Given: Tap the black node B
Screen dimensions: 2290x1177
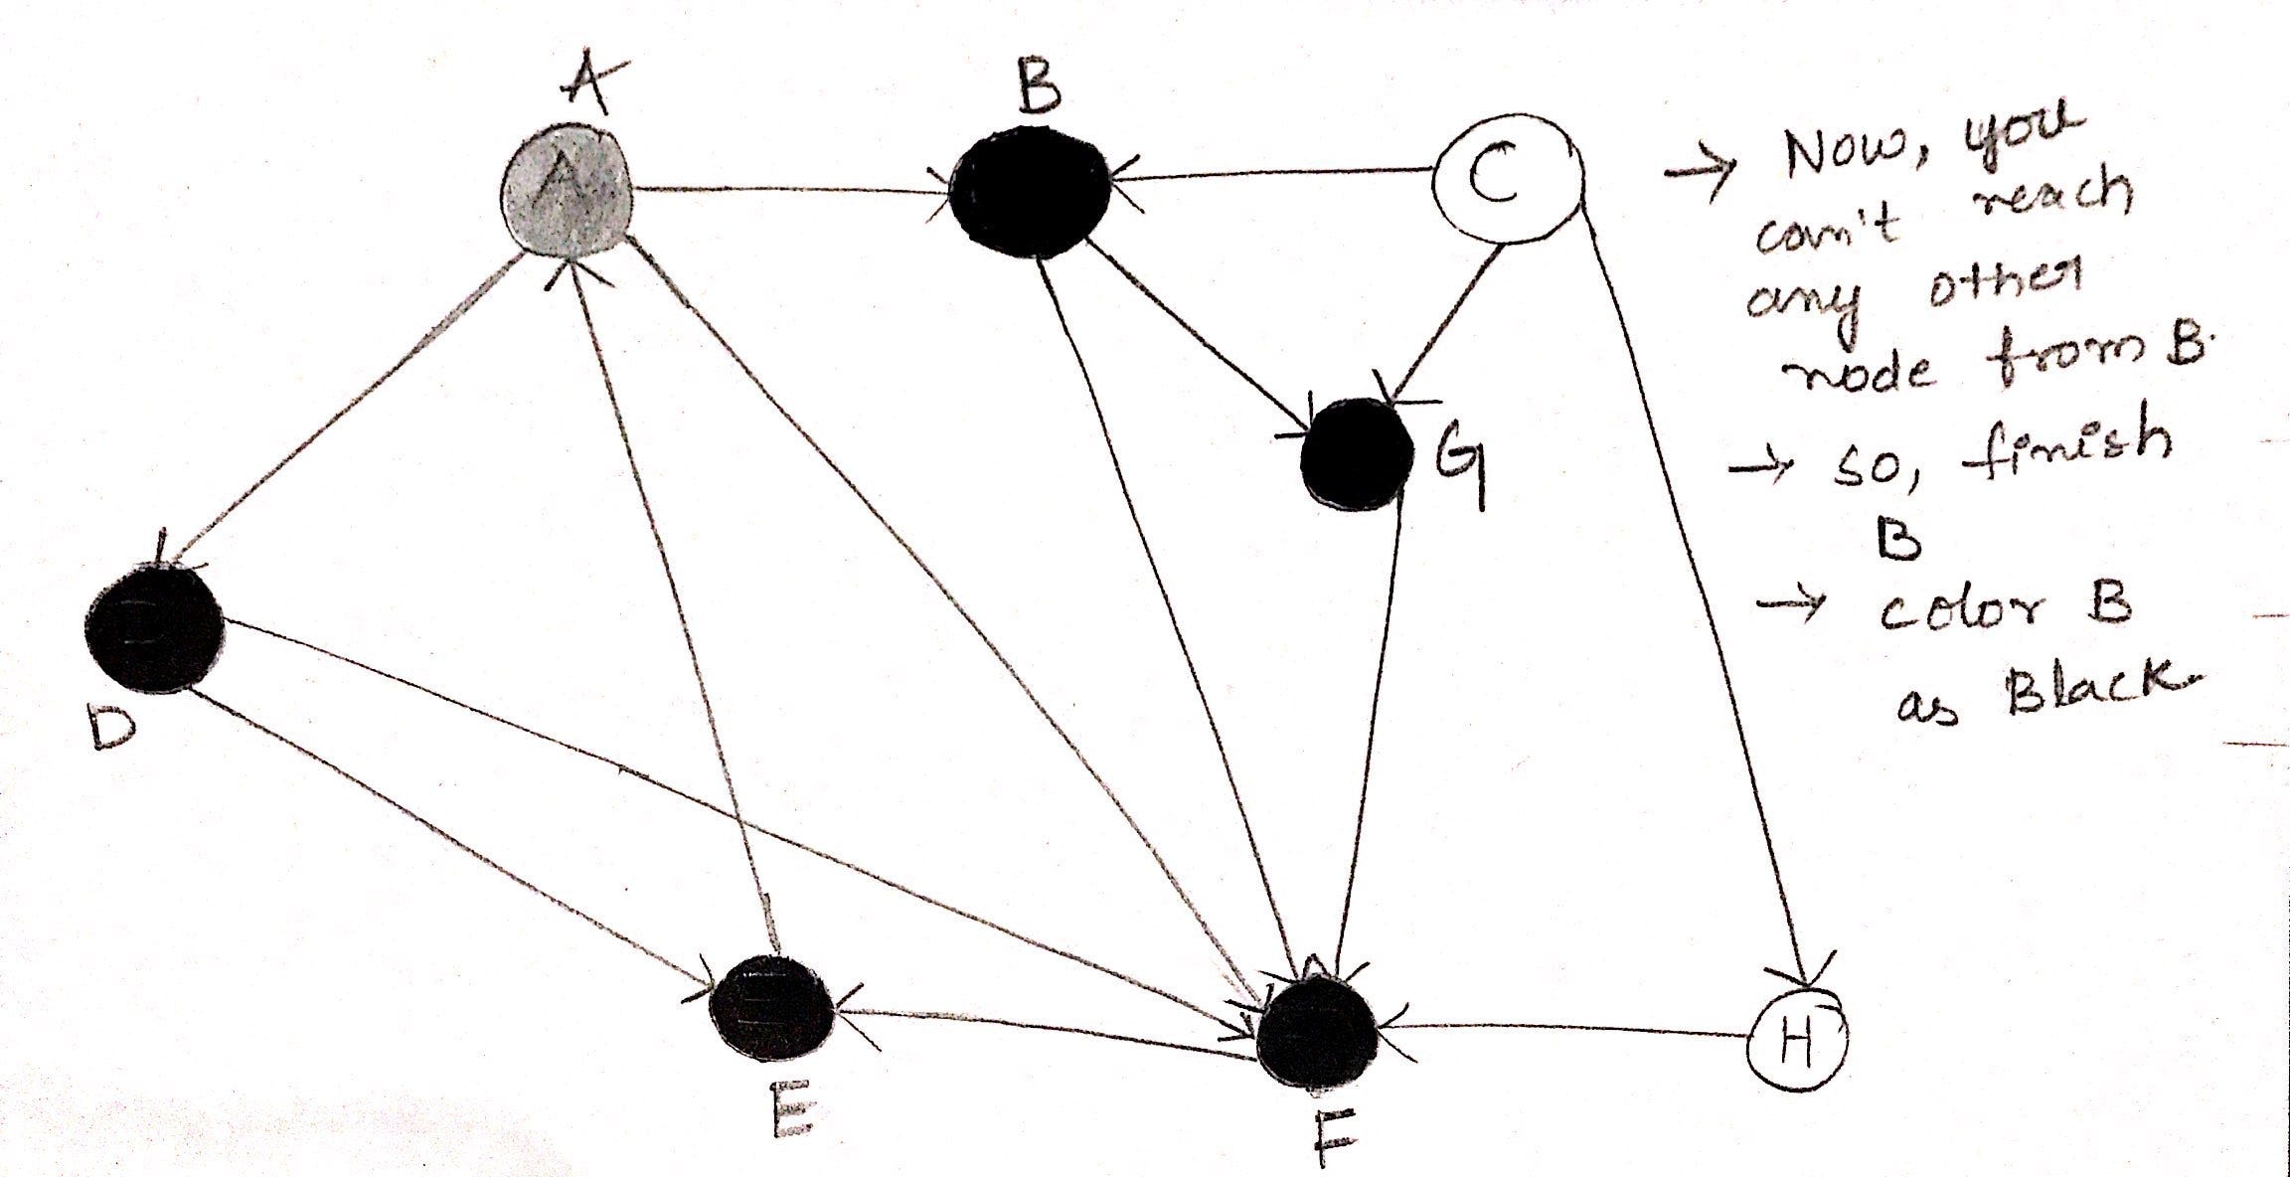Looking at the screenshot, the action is [1030, 192].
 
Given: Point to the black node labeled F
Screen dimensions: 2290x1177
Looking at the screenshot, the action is [1317, 1034].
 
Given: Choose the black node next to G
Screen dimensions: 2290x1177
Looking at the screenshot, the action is [1357, 454].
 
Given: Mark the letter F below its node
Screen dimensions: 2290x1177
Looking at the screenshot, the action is [1331, 1137].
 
